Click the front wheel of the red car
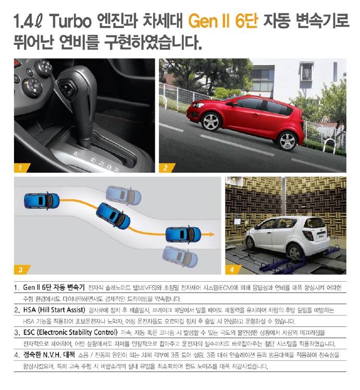[210, 122]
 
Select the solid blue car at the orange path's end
[183, 234]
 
